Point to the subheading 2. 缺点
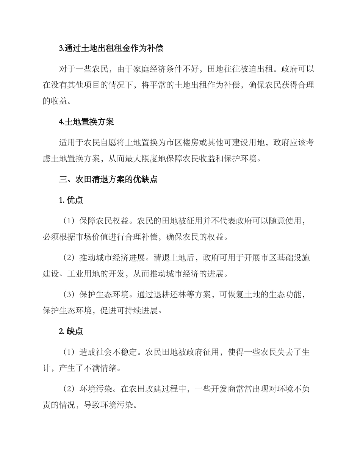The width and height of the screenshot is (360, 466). [71, 332]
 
